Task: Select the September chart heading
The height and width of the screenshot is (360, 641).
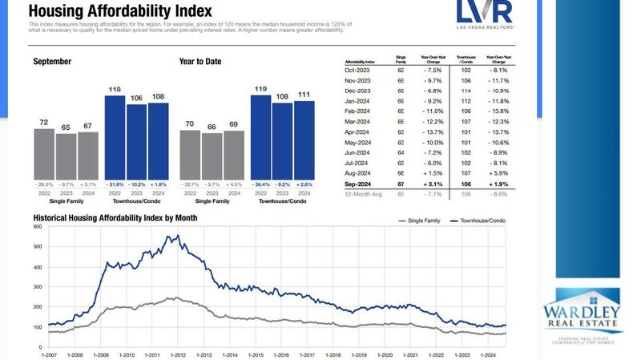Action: pos(53,61)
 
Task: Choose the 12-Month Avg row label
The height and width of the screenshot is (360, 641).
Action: pos(361,193)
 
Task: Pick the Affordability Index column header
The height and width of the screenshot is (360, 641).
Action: pos(359,62)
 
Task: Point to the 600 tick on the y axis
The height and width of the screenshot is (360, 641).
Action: pos(37,227)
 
